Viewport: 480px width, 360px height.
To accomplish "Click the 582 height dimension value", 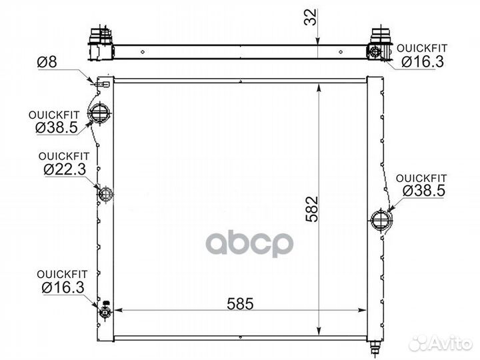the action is point(312,209).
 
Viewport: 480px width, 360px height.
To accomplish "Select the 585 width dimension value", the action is point(240,304).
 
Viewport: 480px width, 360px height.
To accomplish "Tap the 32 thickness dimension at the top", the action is point(310,17).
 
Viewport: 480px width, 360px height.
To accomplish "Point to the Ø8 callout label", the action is point(47,62).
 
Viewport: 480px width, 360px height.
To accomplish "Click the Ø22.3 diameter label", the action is point(65,169).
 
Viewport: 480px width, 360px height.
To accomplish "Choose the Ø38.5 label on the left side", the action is point(57,127).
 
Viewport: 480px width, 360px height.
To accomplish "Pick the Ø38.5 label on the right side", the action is point(424,191).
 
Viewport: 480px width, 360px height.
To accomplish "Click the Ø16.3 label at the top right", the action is point(423,62).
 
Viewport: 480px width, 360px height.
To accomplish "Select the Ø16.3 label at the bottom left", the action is point(63,288).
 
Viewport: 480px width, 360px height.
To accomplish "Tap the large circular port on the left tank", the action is point(99,113).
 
